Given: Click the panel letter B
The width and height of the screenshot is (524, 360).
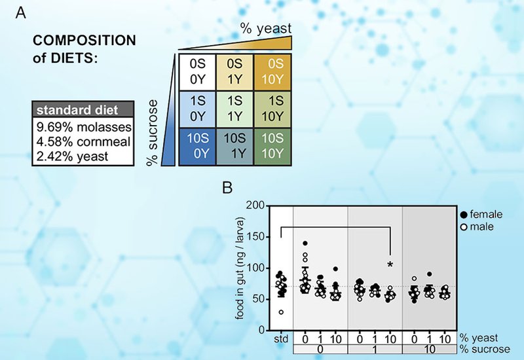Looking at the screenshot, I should click(x=227, y=188).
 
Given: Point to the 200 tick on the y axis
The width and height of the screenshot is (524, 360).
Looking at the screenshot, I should click(x=257, y=206).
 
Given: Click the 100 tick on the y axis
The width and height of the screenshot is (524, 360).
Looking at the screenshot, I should click(x=257, y=268).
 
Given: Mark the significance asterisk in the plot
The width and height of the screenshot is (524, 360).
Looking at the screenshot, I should click(x=390, y=264).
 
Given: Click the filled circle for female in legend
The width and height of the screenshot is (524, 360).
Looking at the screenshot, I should click(x=464, y=215).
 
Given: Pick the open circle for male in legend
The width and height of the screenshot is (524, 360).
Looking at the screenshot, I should click(x=464, y=226).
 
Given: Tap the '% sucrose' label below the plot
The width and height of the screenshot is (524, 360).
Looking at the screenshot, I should click(x=485, y=350).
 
